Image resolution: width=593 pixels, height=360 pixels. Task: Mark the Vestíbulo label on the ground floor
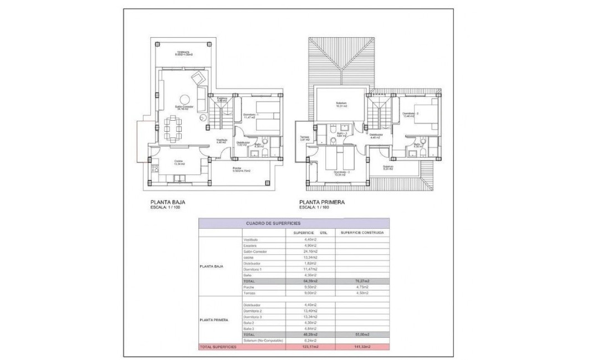pyautogui.click(x=221, y=141)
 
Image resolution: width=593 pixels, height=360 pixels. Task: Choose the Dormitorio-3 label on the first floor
pyautogui.click(x=341, y=173)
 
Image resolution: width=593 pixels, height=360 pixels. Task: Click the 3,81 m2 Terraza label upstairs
pyautogui.click(x=304, y=138)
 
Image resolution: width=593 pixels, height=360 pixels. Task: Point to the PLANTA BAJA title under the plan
pyautogui.click(x=167, y=203)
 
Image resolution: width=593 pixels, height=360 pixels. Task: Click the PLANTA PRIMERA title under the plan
pyautogui.click(x=322, y=203)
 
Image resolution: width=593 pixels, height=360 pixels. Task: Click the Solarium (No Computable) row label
pyautogui.click(x=263, y=341)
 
